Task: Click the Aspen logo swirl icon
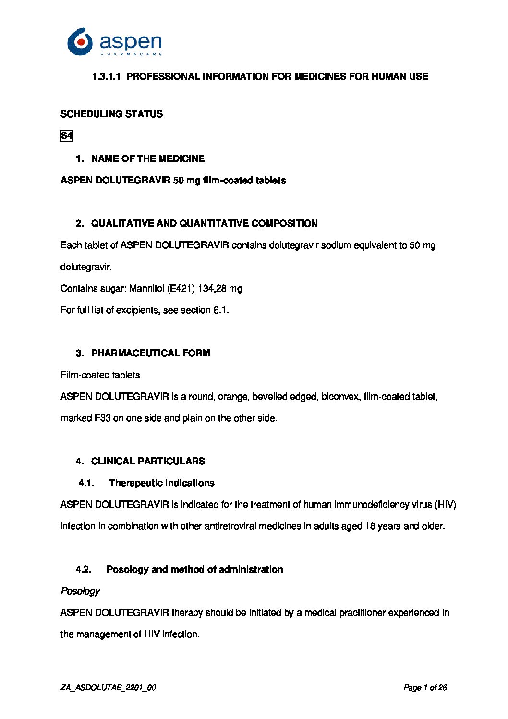pyautogui.click(x=80, y=41)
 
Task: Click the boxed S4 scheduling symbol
pyautogui.click(x=66, y=136)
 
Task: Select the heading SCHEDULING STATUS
pyautogui.click(x=111, y=114)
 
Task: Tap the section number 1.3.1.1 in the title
pyautogui.click(x=106, y=76)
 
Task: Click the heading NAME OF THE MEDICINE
pyautogui.click(x=147, y=158)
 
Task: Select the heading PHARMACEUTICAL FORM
pyautogui.click(x=150, y=353)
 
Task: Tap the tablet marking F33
pyautogui.click(x=102, y=418)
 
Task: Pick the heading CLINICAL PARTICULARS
pyautogui.click(x=148, y=461)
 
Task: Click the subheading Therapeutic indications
pyautogui.click(x=162, y=483)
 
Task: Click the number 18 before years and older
pyautogui.click(x=370, y=526)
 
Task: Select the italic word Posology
pyautogui.click(x=80, y=591)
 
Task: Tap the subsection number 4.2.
pyautogui.click(x=84, y=569)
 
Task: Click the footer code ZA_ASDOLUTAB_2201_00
pyautogui.click(x=108, y=688)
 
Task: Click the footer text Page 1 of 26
pyautogui.click(x=425, y=688)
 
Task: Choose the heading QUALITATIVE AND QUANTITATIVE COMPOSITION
pyautogui.click(x=204, y=223)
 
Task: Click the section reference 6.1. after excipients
pyautogui.click(x=221, y=310)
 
